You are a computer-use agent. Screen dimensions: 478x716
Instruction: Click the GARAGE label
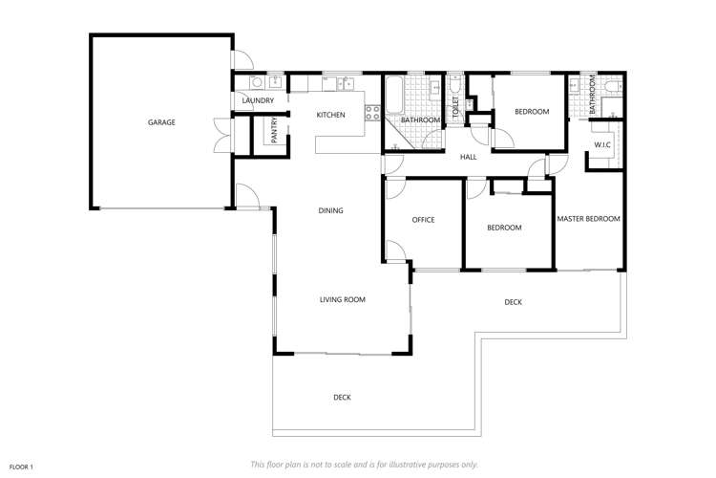pos(161,122)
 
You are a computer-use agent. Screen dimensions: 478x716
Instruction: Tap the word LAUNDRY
pos(258,100)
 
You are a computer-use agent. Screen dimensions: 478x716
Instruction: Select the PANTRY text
pos(274,131)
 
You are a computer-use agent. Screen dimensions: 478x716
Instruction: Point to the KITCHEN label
pos(330,116)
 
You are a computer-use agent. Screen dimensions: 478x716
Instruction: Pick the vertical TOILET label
pos(455,106)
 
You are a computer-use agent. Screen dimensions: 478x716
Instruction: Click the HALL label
pos(468,157)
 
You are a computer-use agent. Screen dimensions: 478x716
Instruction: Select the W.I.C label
pos(602,145)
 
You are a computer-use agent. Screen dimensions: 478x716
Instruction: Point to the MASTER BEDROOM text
pos(589,219)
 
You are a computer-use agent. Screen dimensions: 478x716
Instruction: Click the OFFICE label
pos(423,220)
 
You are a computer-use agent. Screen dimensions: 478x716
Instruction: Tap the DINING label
pos(330,210)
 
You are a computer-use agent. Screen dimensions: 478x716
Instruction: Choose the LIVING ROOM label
pos(342,299)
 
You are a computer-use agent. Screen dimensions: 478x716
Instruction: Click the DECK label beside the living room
pos(513,302)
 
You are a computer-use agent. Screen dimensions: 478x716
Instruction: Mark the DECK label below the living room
pos(342,397)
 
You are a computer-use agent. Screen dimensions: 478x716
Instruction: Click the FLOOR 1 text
pos(20,466)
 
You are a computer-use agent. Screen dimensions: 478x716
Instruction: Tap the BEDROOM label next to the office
pos(504,228)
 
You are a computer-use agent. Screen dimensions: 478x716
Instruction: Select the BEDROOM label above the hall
pos(532,112)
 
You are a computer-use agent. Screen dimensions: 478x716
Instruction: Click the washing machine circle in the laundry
pos(257,82)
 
